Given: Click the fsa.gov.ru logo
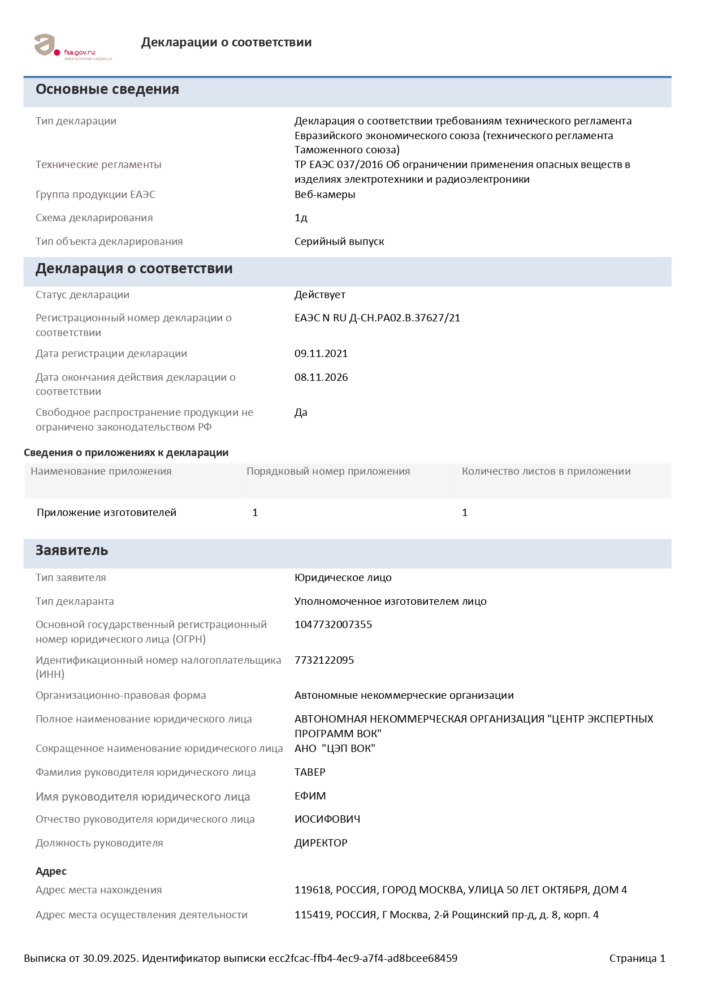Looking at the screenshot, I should tap(72, 47).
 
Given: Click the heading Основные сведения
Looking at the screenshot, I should tap(107, 89).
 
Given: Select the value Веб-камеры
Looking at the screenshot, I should tap(324, 195).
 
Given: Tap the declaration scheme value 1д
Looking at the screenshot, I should tap(301, 218).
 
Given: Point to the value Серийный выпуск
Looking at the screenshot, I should tap(339, 242).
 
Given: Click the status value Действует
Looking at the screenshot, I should tap(319, 295).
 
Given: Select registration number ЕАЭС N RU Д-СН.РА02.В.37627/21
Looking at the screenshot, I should tap(377, 318).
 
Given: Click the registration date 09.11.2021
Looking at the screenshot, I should tap(321, 354).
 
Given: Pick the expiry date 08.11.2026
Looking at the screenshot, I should tap(321, 377).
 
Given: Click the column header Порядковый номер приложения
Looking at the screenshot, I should tap(328, 471).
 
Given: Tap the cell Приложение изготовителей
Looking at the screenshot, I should tap(106, 513).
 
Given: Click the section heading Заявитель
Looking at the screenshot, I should tap(72, 551).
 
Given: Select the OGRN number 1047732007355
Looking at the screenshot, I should tap(333, 625).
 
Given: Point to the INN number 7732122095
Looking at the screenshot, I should tap(324, 660).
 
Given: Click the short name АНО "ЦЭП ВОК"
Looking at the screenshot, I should tap(335, 749).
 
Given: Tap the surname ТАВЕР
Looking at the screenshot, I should tap(310, 772).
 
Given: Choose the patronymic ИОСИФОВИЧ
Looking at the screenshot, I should tap(327, 819).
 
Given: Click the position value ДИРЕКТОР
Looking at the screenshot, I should tap(321, 843).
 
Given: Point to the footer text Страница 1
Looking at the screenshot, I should tap(637, 958).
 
